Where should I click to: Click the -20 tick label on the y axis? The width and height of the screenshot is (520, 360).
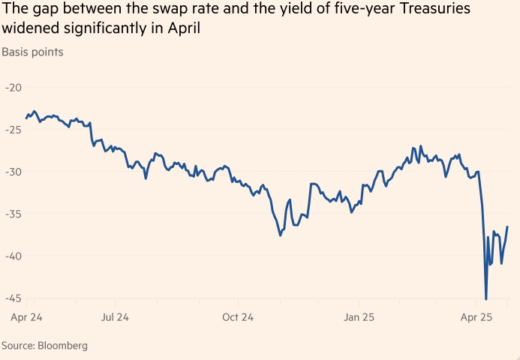[12, 88]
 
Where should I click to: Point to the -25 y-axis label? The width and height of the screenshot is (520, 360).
[12, 130]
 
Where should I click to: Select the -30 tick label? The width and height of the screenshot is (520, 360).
[12, 172]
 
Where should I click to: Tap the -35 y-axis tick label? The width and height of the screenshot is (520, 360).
[12, 214]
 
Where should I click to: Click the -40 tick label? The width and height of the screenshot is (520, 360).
[12, 256]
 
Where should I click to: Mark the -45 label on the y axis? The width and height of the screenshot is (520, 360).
[12, 298]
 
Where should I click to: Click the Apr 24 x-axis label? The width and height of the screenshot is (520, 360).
[26, 317]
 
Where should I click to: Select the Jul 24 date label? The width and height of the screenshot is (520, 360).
[116, 317]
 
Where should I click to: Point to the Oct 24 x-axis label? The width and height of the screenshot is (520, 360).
[238, 317]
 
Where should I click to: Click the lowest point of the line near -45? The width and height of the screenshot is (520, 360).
[486, 299]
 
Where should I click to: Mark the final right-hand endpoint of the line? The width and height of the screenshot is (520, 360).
[508, 226]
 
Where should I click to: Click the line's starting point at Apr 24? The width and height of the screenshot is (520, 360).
[26, 118]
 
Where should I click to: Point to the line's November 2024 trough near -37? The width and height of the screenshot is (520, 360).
[281, 235]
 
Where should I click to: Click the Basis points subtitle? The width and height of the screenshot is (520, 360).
[32, 52]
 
